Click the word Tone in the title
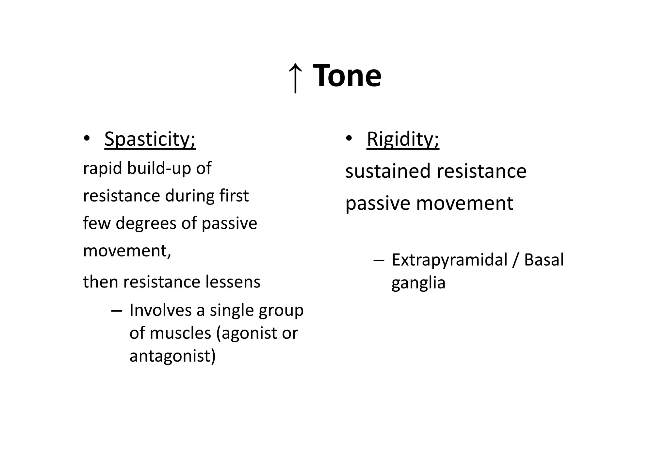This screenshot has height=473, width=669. coord(347,76)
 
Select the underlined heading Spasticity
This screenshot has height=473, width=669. coord(150,139)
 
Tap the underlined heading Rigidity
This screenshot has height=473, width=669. coord(403,139)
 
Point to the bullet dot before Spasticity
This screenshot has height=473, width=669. coord(87,139)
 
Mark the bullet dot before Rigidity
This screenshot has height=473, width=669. coord(349,139)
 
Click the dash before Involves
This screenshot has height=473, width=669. coord(117,311)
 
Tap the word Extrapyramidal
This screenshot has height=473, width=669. coord(449,260)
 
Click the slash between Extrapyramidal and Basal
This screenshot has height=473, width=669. coord(516,260)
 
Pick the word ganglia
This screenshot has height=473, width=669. coord(418,283)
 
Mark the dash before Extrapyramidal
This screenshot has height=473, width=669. coord(379,261)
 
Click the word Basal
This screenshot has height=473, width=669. coord(544,260)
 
